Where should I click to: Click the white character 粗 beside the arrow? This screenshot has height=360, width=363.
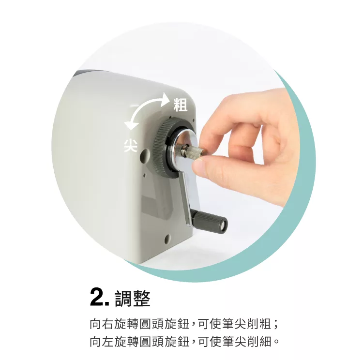point(181,105)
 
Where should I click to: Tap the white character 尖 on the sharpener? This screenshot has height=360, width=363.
point(130,146)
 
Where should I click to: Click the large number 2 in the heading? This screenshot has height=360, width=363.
point(97,298)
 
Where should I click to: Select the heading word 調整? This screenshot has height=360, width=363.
point(133,298)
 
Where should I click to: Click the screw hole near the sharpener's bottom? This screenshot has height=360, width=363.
point(167,239)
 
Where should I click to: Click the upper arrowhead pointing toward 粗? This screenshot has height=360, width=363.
point(167,98)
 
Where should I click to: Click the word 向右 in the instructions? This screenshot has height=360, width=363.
point(101,324)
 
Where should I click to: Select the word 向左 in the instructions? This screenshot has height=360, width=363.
point(101,342)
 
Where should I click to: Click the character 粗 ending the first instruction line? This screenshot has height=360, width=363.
point(265,324)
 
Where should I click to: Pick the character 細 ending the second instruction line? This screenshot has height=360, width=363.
point(265,342)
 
